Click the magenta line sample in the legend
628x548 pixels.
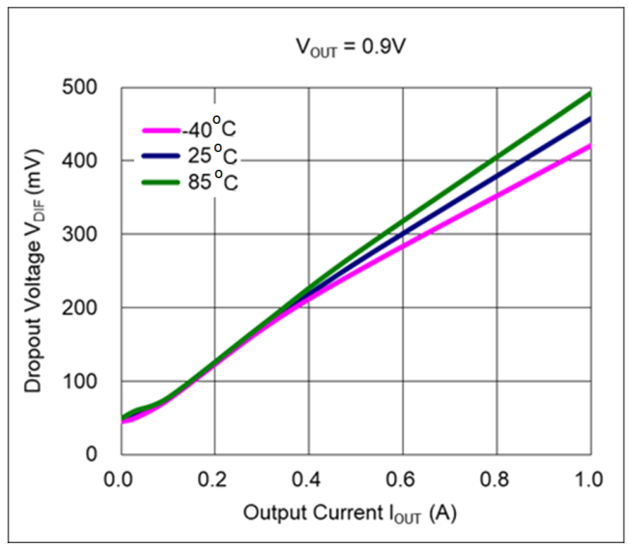point(160,130)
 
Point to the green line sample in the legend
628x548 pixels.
point(160,181)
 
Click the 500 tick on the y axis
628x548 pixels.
point(93,88)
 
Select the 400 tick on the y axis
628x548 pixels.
point(93,160)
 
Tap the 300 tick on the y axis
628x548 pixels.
point(93,235)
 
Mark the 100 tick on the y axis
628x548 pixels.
point(93,381)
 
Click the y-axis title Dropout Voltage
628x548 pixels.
point(35,271)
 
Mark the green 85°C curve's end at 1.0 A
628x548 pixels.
point(589,93)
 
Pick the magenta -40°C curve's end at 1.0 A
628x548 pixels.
point(589,146)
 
